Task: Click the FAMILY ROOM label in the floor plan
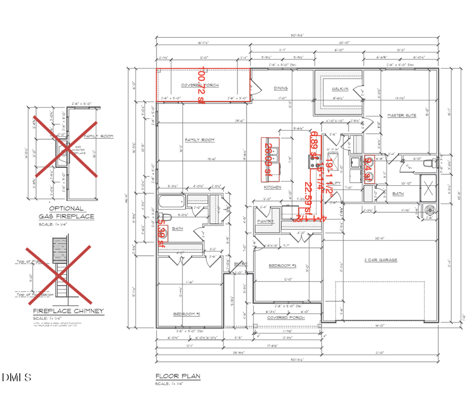click(199, 140)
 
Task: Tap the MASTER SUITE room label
click(401, 115)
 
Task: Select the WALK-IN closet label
click(339, 89)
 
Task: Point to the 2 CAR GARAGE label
click(380, 260)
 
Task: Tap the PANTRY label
click(264, 222)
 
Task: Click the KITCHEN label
click(272, 187)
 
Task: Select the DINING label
click(280, 88)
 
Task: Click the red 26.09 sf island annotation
click(268, 159)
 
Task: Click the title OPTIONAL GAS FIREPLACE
click(66, 212)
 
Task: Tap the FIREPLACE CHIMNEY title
click(68, 311)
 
